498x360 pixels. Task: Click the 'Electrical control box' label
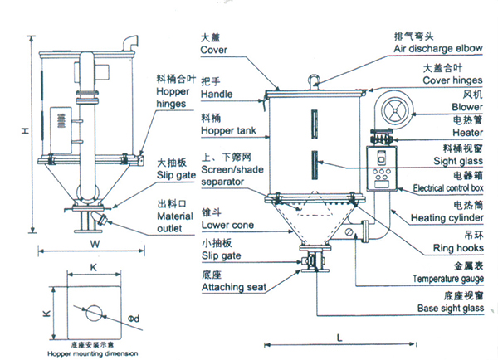point(440,189)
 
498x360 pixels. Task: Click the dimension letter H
point(25,130)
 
